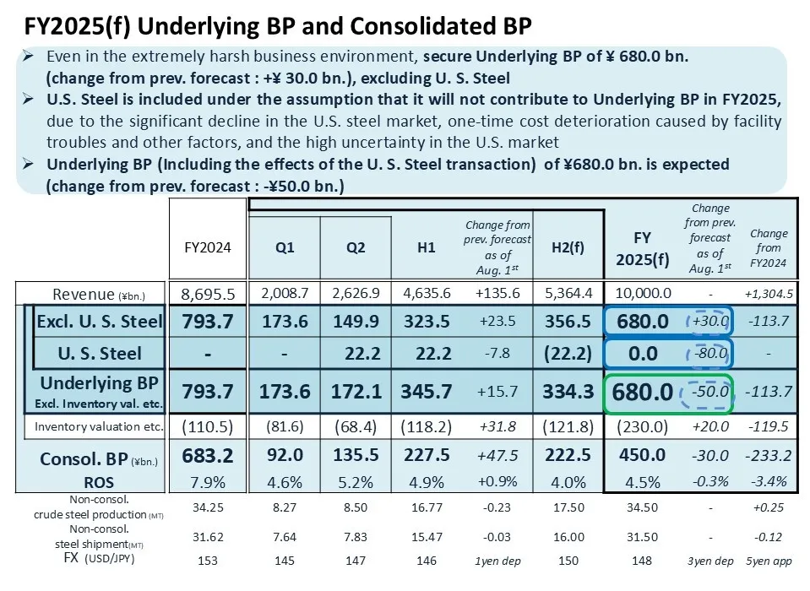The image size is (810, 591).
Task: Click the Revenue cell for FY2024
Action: click(x=208, y=294)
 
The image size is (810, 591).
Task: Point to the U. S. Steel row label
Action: click(x=99, y=353)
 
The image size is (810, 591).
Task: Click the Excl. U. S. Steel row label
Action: click(x=99, y=321)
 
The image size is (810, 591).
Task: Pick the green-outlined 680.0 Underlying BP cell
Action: click(x=641, y=392)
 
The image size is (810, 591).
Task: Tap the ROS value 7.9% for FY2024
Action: click(x=208, y=482)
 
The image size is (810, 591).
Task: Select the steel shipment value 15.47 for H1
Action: click(x=427, y=537)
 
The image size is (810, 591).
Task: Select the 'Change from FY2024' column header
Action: click(x=769, y=247)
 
